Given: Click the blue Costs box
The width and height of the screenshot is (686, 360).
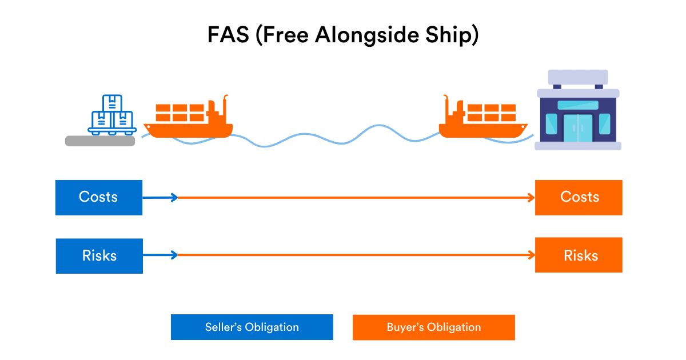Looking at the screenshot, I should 98,198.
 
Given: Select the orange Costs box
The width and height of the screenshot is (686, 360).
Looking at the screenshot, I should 579,198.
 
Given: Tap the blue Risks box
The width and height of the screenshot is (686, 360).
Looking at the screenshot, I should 99,256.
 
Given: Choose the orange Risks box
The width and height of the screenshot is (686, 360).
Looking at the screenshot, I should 579,255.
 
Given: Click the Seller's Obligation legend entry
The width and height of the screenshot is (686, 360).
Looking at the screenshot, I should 252,327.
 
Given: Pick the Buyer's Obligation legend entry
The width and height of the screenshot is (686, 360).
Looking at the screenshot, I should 433,327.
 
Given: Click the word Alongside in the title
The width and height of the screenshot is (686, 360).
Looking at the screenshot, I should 353,35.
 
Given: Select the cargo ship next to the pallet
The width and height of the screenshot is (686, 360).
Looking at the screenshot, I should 188,121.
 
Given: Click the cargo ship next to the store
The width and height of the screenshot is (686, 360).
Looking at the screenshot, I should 483,121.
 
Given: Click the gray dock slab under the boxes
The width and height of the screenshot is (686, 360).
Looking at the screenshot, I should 100,141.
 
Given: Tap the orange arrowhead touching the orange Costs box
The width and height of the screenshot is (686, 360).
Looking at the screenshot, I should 531,198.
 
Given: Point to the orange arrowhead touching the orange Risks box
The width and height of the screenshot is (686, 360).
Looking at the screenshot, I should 531,255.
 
